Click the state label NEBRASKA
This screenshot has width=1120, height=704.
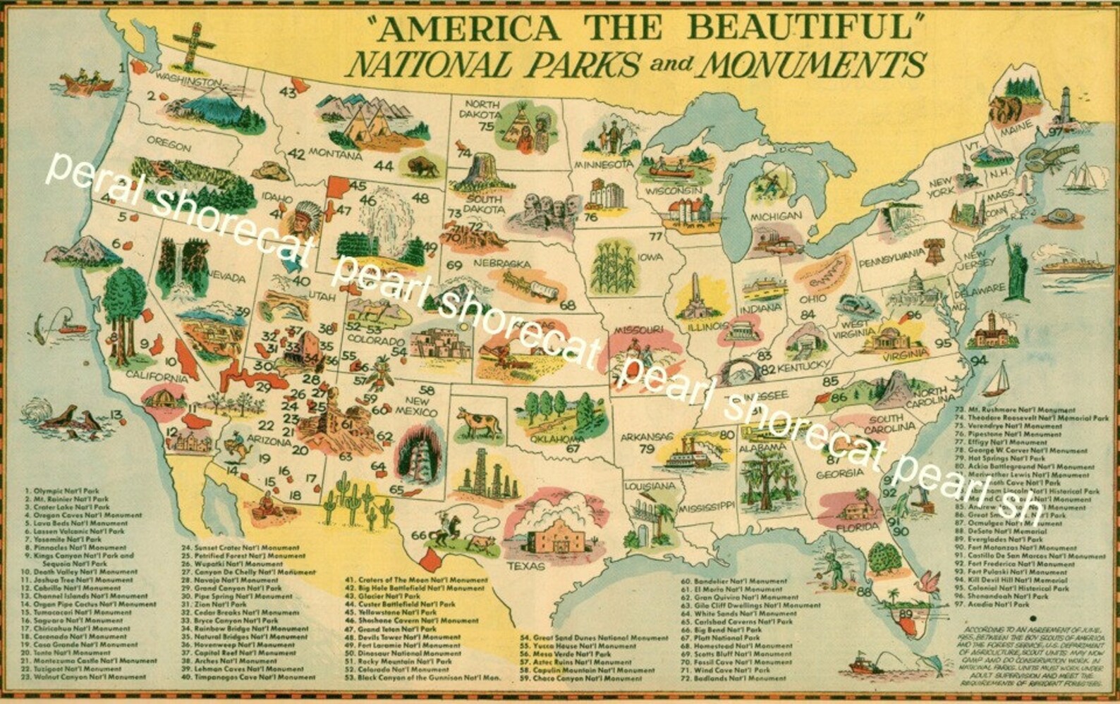pyautogui.click(x=502, y=264)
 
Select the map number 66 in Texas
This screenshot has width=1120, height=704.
pyautogui.click(x=418, y=535)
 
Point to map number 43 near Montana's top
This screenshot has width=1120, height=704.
pyautogui.click(x=288, y=92)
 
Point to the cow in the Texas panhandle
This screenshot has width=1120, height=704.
pyautogui.click(x=477, y=422)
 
